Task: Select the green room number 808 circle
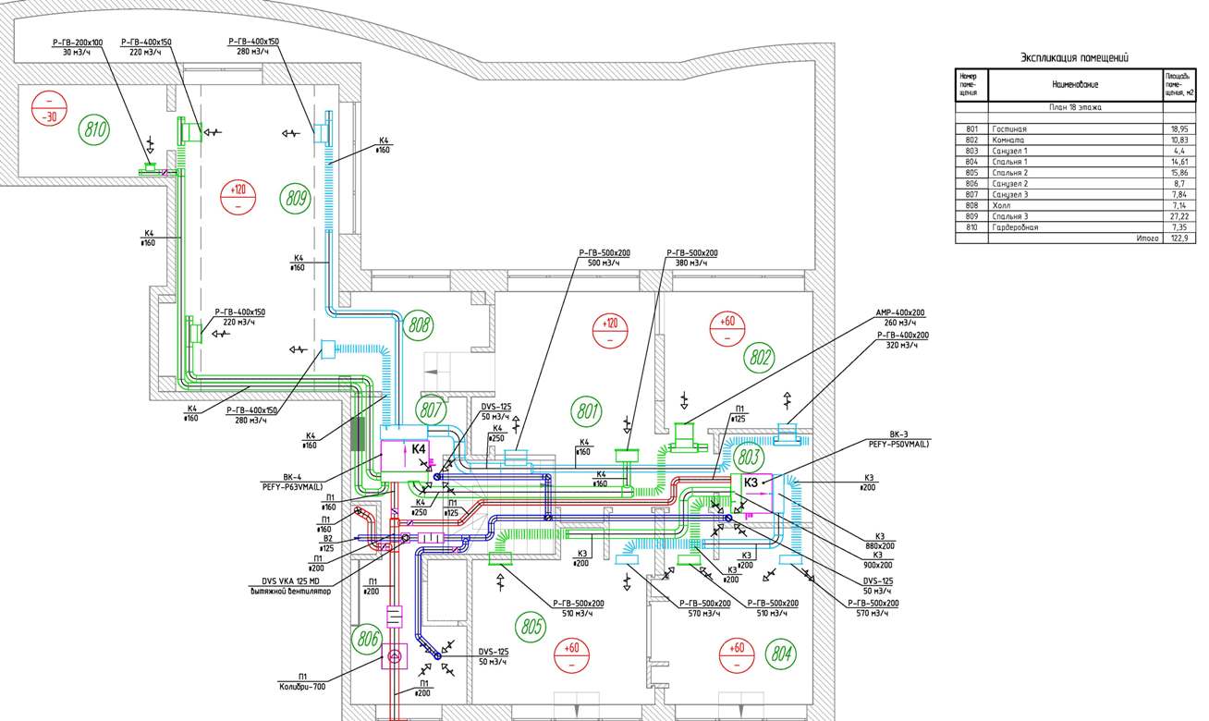(x=420, y=325)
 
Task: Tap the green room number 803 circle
(x=750, y=456)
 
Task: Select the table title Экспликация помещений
(x=1073, y=57)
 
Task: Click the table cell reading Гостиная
(x=1009, y=128)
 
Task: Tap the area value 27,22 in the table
(x=1176, y=215)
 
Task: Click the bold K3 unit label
(x=751, y=482)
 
